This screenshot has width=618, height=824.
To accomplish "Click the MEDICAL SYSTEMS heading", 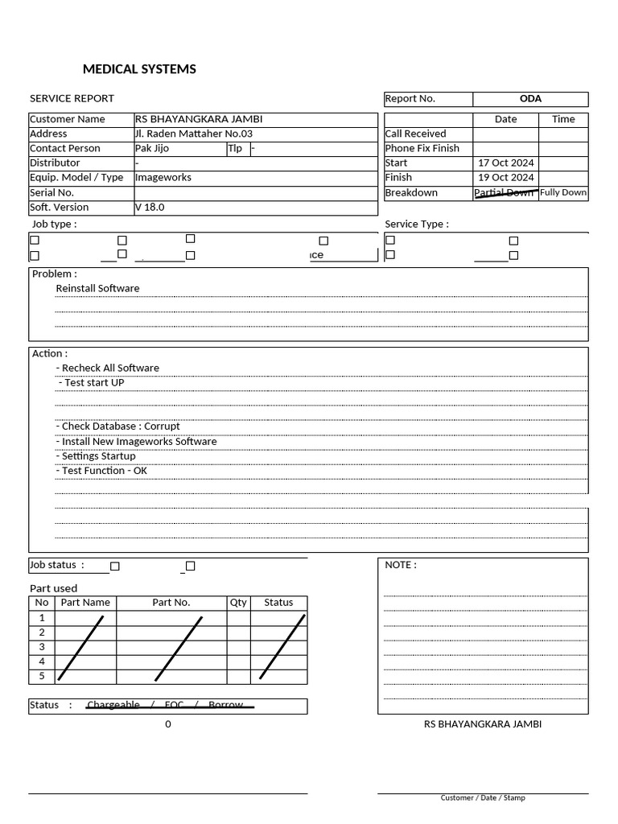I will [139, 69].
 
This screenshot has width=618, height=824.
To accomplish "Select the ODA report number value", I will [530, 99].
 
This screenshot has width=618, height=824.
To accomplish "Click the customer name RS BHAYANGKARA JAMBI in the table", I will [199, 119].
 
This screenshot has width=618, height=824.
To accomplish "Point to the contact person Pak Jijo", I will [152, 148].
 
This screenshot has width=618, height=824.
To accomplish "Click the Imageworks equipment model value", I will [163, 177].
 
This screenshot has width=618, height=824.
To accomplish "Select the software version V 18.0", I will [150, 207].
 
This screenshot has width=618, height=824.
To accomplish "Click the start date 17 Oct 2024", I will [505, 163].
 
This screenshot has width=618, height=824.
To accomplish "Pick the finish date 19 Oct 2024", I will [505, 177].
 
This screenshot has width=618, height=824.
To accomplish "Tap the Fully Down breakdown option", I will [563, 192].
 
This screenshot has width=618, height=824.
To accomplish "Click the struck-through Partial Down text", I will [505, 193].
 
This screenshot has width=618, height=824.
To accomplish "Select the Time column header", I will [563, 119].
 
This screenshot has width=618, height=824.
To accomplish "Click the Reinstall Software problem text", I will [97, 288].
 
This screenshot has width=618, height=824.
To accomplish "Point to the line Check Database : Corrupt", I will [118, 426].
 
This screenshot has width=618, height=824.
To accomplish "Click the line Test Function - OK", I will [102, 471].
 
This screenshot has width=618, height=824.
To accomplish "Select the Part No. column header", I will [171, 603].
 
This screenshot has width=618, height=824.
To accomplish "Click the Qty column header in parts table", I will [238, 603].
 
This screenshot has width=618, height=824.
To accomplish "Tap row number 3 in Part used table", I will [42, 647].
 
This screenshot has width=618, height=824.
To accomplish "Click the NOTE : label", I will [401, 565].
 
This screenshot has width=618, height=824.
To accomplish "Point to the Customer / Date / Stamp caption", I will [483, 798].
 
